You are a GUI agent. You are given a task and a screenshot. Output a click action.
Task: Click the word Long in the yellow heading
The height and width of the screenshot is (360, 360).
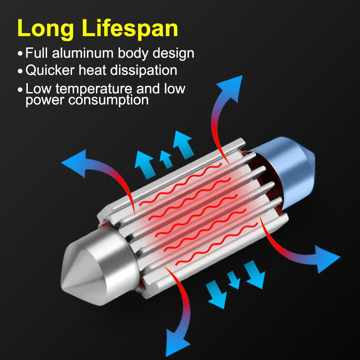click(x=46, y=29)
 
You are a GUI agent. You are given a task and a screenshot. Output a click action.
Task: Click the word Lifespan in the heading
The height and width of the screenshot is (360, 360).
click(x=130, y=29)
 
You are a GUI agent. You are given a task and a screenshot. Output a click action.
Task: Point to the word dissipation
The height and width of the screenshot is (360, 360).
click(x=144, y=70)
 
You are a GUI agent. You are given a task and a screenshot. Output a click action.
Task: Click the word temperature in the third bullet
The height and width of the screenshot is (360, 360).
click(x=94, y=89)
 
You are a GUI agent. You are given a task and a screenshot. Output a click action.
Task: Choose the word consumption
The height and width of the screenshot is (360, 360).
click(x=108, y=100)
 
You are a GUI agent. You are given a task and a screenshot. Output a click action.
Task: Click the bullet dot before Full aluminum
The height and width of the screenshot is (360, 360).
click(x=20, y=54)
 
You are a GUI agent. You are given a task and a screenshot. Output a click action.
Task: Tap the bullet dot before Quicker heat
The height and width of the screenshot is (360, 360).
click(x=20, y=71)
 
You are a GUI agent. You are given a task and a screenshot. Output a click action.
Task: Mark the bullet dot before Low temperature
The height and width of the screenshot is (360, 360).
click(x=20, y=89)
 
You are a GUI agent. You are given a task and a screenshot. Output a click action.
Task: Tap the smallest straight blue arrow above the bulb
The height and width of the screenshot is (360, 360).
click(x=166, y=159)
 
